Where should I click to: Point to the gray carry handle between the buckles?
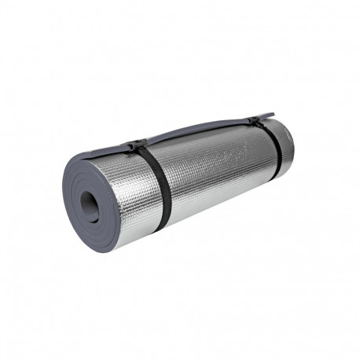coord(197,131)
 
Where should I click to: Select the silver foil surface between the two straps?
coord(208,169)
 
